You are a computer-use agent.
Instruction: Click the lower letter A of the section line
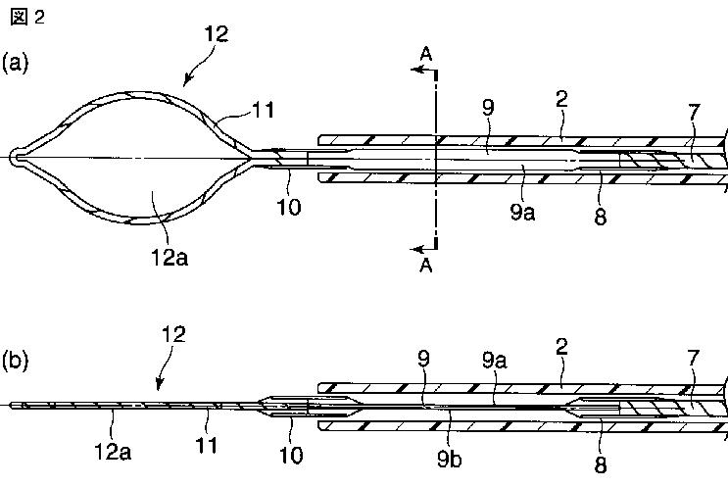[424, 265]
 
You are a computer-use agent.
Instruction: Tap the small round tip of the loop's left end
[14, 156]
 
